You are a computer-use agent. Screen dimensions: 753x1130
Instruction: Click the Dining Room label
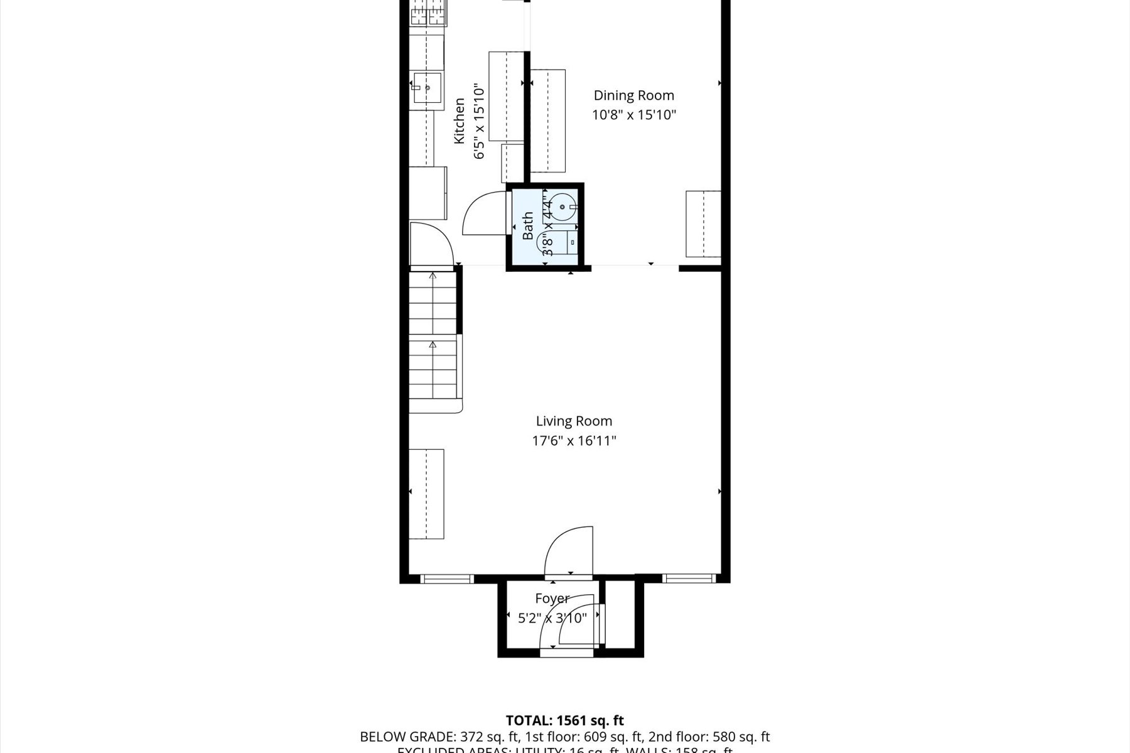[633, 95]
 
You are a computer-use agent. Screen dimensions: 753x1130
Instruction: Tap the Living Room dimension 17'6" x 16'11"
[574, 441]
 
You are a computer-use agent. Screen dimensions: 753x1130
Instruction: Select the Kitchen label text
[460, 120]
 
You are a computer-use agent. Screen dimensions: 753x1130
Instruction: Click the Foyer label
[552, 599]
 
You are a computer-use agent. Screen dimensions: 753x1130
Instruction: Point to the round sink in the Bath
[564, 206]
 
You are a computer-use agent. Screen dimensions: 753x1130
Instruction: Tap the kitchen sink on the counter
[428, 88]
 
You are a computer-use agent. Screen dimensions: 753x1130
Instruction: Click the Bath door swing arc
[482, 213]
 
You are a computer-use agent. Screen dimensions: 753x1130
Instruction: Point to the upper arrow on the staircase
[433, 276]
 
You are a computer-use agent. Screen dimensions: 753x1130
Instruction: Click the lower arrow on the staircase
[433, 345]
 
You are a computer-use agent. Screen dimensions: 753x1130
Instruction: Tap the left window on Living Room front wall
[446, 579]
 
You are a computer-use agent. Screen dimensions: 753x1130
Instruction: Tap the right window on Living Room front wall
[689, 579]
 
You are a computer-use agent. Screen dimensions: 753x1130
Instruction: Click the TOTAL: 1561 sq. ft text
[564, 721]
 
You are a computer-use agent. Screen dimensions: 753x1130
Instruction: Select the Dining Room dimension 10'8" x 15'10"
[633, 115]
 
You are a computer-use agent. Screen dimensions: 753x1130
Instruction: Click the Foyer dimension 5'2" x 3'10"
[552, 619]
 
